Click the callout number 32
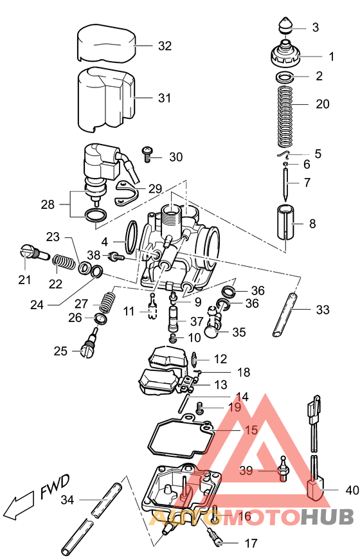(x=165, y=46)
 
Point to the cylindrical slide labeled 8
(x=287, y=224)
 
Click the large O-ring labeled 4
(x=132, y=237)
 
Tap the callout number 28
(x=48, y=205)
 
